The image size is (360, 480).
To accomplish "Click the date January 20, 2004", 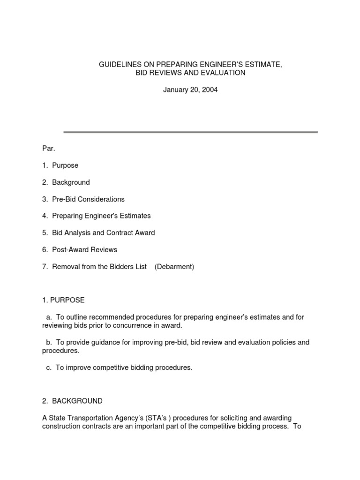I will pyautogui.click(x=190, y=90).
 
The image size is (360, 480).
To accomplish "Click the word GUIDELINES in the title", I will pyautogui.click(x=120, y=64).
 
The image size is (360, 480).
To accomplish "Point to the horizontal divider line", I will pyautogui.click(x=190, y=132).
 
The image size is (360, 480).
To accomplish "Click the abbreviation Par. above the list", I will pyautogui.click(x=49, y=149).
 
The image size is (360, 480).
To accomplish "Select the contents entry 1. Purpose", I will pyautogui.click(x=60, y=165).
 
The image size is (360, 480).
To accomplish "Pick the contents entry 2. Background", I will pyautogui.click(x=66, y=182).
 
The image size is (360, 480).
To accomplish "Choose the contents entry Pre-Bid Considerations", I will pyautogui.click(x=88, y=199).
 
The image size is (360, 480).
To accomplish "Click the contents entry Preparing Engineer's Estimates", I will pyautogui.click(x=101, y=216).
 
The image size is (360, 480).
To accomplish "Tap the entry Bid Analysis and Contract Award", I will pyautogui.click(x=103, y=233).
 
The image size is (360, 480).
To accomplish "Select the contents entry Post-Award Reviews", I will pyautogui.click(x=84, y=250).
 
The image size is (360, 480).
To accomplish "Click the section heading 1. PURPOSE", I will pyautogui.click(x=63, y=300).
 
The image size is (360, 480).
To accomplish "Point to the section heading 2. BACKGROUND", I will pyautogui.click(x=72, y=401).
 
